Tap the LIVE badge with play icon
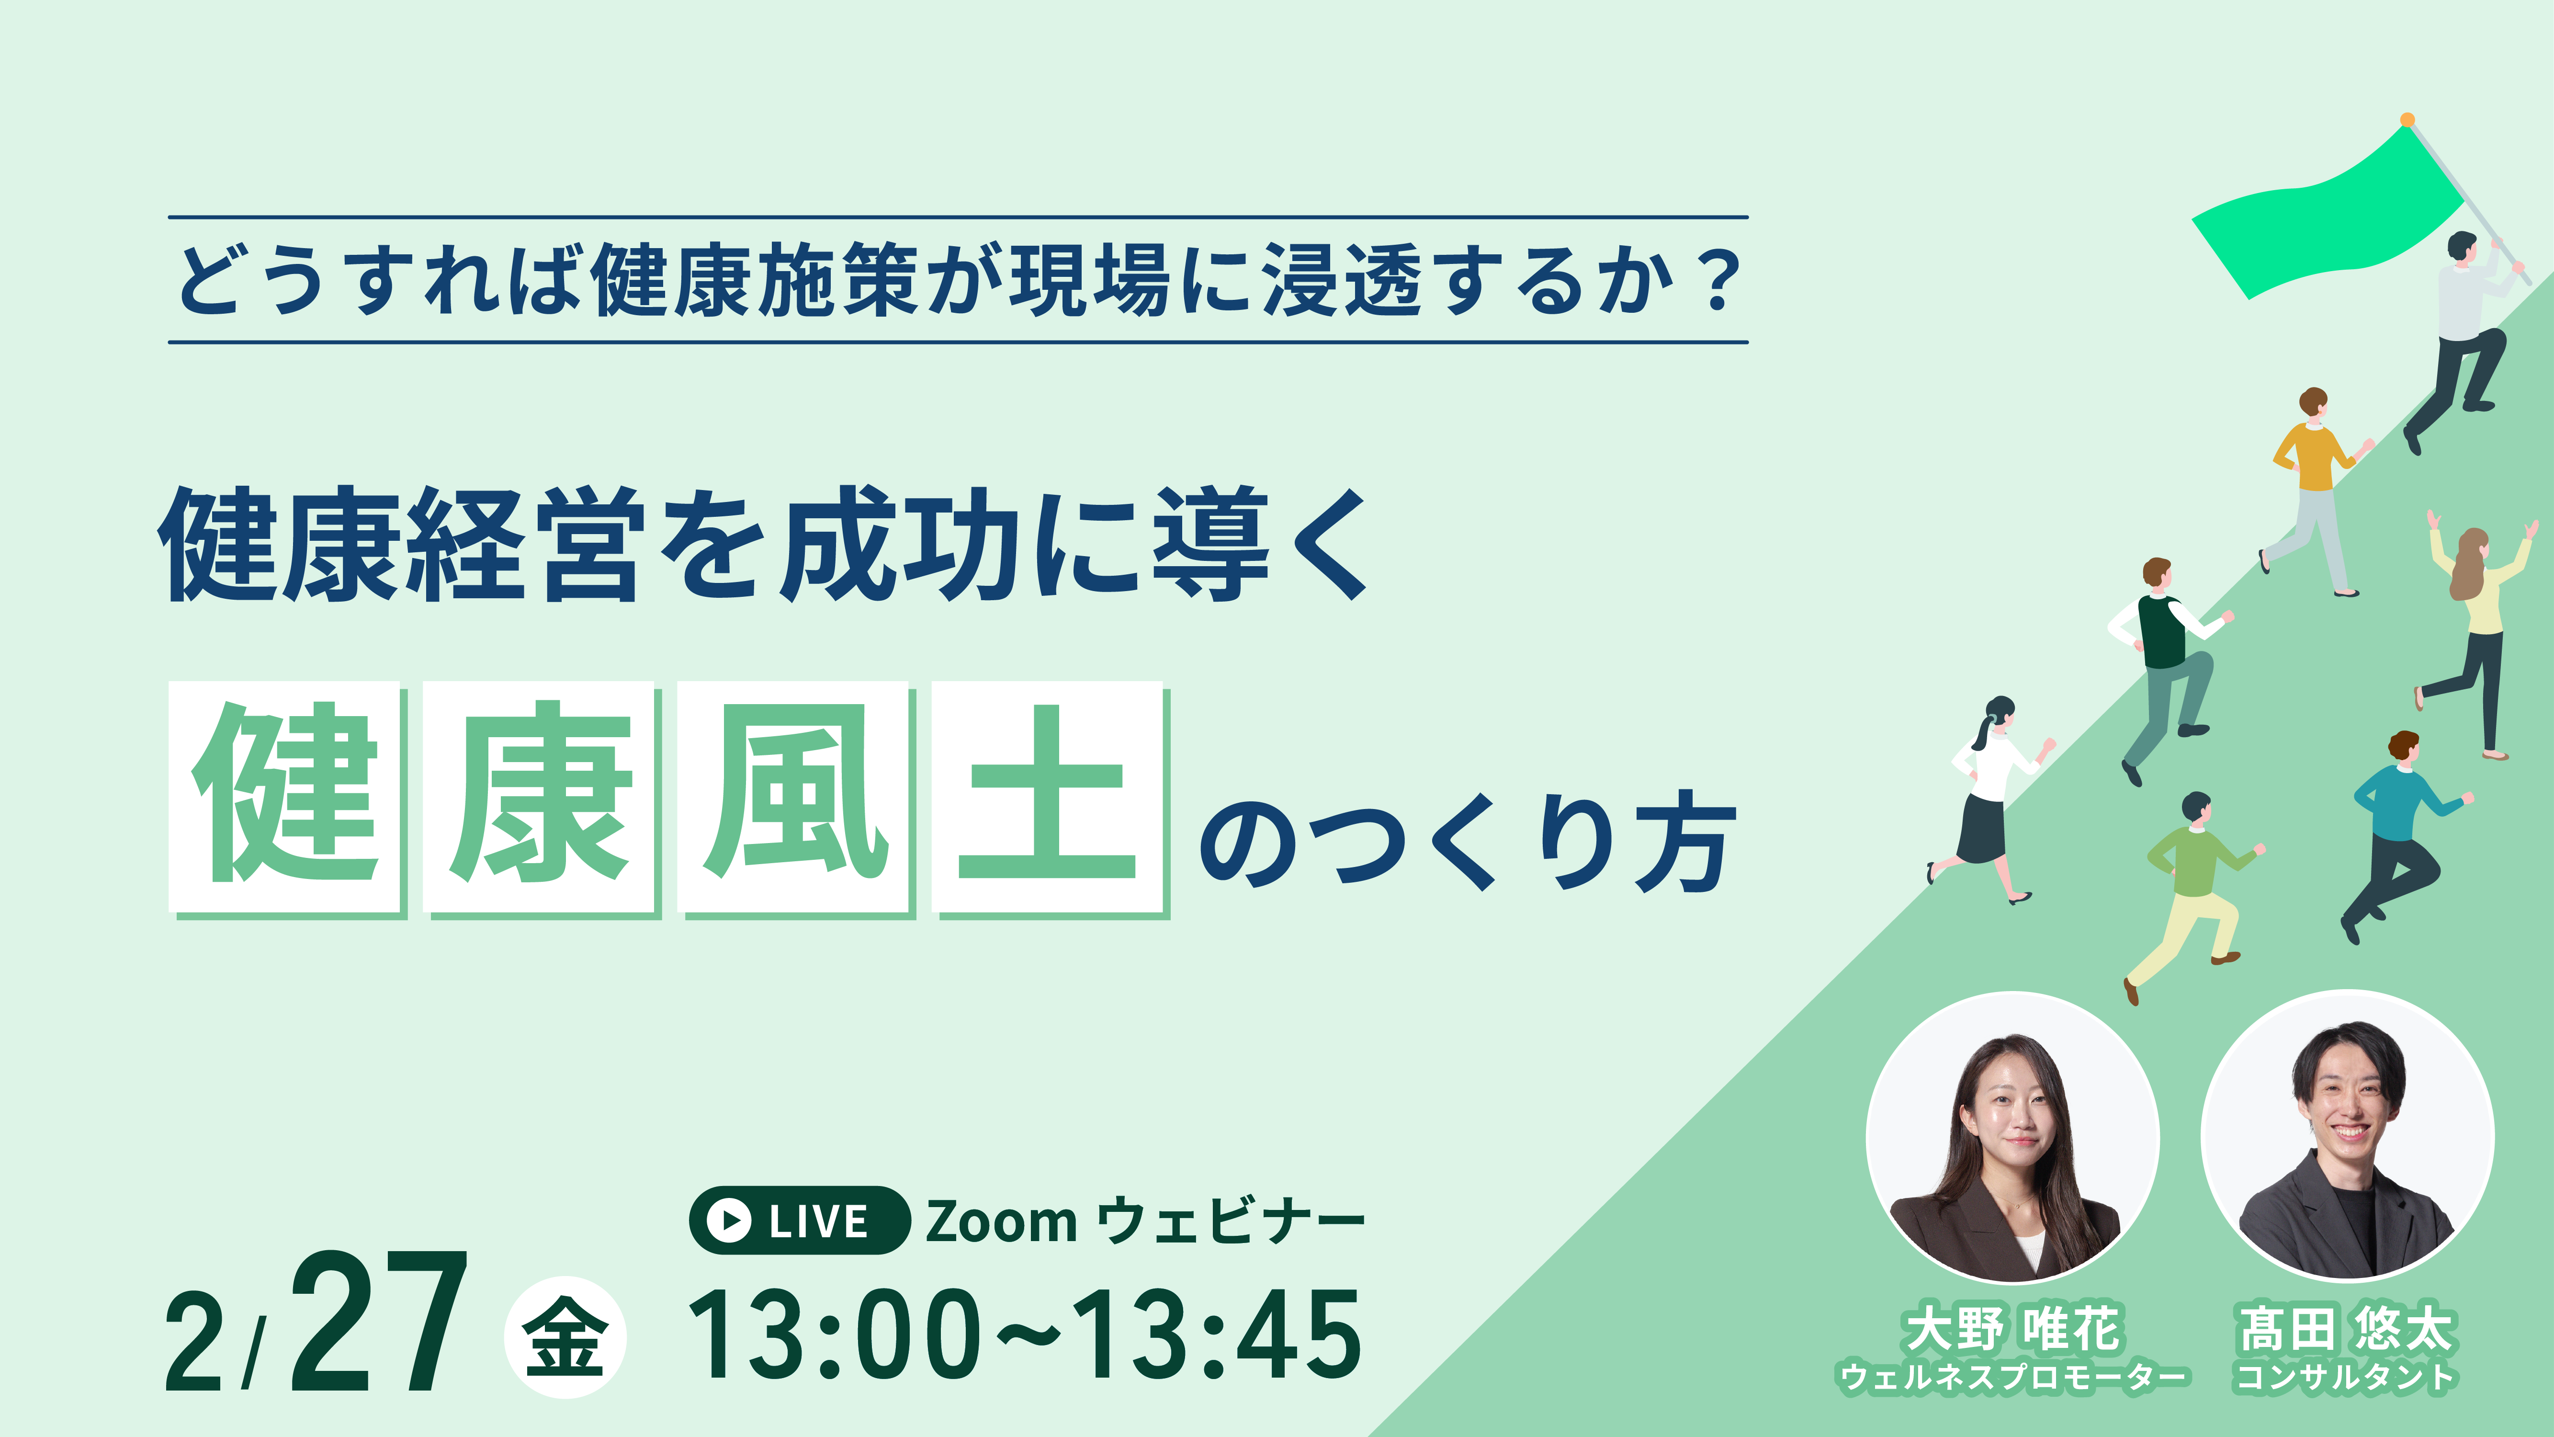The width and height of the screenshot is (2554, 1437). pyautogui.click(x=799, y=1220)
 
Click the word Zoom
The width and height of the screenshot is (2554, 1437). pyautogui.click(x=1001, y=1221)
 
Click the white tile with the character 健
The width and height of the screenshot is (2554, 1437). pyautogui.click(x=284, y=795)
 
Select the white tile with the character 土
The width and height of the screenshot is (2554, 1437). pyautogui.click(x=1047, y=795)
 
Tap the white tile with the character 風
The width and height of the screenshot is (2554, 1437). pyautogui.click(x=793, y=795)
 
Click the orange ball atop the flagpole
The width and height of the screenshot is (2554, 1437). pyautogui.click(x=2407, y=120)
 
